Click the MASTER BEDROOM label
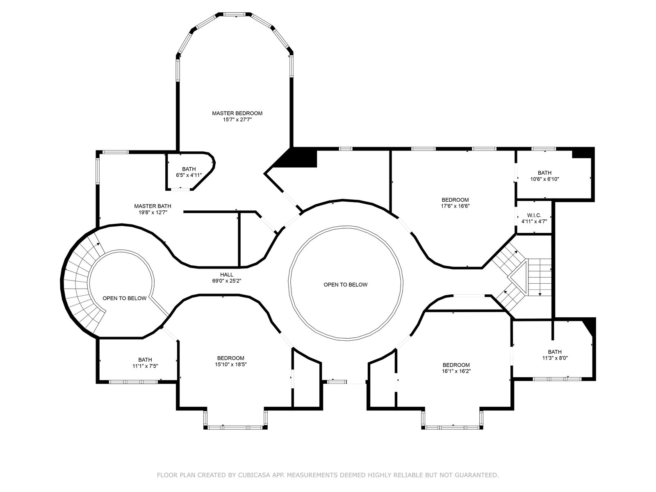click(237, 113)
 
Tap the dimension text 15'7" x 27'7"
click(237, 120)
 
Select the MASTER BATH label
click(153, 206)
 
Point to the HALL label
click(227, 275)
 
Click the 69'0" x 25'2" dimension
click(227, 281)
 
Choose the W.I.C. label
click(534, 215)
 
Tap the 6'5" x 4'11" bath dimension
click(189, 175)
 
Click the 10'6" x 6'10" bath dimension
click(544, 179)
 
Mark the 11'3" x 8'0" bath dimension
click(555, 358)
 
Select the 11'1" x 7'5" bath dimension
click(145, 366)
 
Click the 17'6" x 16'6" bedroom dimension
click(455, 206)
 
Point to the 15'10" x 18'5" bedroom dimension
click(231, 364)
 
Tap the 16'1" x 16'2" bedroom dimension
click(456, 371)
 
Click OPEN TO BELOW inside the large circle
click(346, 285)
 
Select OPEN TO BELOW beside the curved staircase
click(124, 298)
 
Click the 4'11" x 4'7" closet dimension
click(534, 222)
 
